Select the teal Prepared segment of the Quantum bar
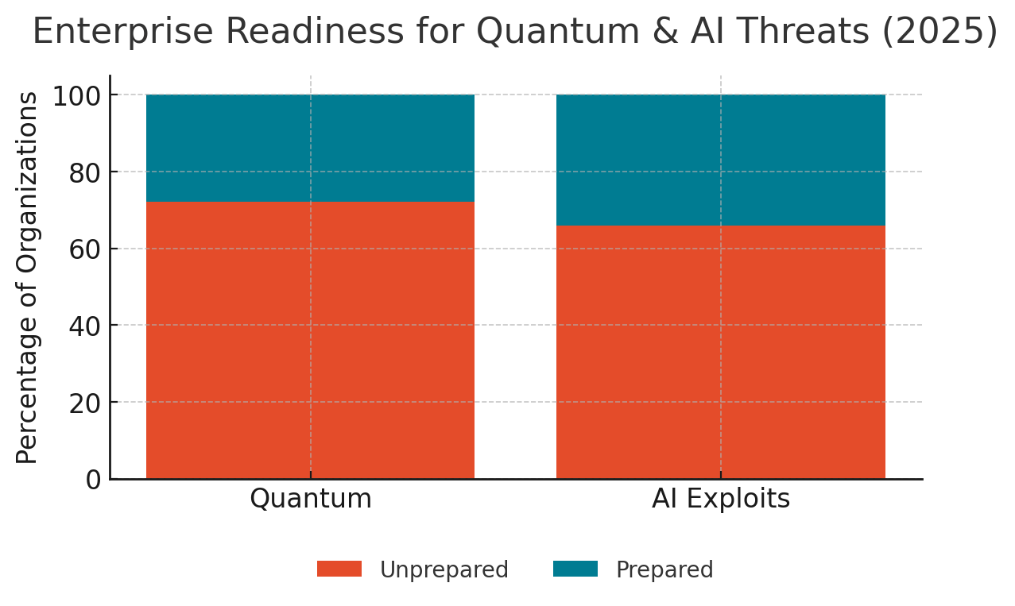310,148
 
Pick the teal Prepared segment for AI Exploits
720,160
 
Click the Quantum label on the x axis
310,499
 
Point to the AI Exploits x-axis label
720,499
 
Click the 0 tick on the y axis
93,480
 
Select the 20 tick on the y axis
85,403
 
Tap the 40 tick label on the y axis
85,326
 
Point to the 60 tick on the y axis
85,249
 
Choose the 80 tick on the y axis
85,172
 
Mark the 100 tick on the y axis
77,96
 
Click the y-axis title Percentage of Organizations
28,277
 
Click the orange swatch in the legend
339,569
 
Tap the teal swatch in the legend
575,569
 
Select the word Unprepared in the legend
444,570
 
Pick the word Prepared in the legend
664,570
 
